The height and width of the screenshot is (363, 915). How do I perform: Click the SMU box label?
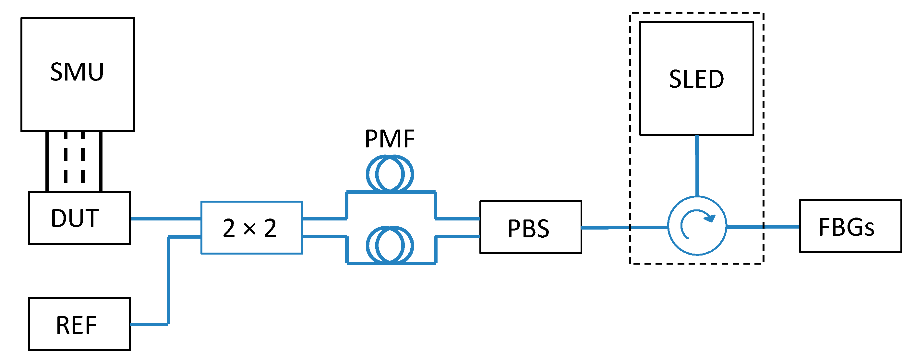click(x=77, y=72)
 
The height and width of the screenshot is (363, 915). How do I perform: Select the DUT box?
click(x=79, y=218)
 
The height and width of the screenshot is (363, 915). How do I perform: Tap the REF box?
click(x=79, y=324)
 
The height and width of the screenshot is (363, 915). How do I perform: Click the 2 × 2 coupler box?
click(x=252, y=228)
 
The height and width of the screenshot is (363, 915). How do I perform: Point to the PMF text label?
click(x=390, y=139)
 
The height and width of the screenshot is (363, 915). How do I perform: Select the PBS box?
click(x=530, y=228)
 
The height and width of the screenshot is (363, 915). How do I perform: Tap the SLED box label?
click(x=696, y=79)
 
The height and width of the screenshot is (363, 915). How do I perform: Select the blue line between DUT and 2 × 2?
click(x=165, y=219)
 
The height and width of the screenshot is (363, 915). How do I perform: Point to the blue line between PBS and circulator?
click(x=624, y=227)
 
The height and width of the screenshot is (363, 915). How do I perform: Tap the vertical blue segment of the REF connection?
click(x=168, y=281)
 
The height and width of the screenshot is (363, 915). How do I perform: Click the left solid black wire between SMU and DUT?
click(x=47, y=162)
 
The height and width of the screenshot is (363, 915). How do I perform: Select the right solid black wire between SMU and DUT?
click(x=101, y=162)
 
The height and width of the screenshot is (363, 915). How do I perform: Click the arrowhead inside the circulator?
click(x=710, y=218)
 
